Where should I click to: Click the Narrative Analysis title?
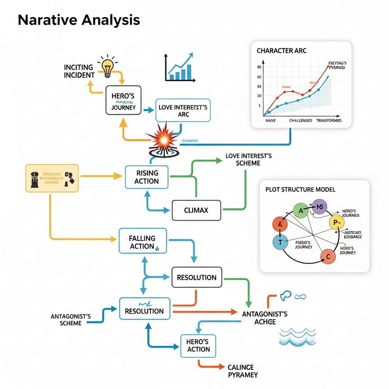pos(79,20)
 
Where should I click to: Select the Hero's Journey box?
pos(123,100)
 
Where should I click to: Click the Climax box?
pos(196,211)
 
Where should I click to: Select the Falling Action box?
pos(142,242)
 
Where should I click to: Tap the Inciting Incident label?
pos(79,71)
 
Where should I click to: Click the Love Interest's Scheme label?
pos(249,160)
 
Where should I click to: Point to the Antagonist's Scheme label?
pos(71,319)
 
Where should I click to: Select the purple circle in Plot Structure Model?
pos(319,207)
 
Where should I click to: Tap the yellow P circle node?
pos(336,223)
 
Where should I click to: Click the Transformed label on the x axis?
pos(328,120)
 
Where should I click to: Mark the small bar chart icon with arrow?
pos(180,68)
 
